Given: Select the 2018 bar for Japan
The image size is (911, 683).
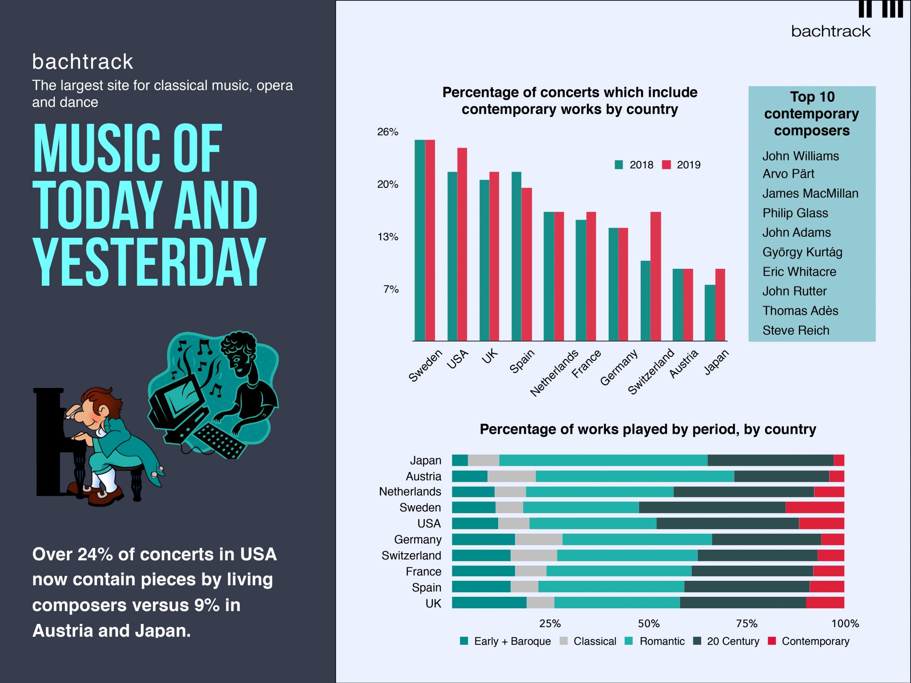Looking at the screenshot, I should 710,313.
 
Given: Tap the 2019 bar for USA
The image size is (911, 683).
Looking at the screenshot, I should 462,244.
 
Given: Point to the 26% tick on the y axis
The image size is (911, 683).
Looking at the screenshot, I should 387,132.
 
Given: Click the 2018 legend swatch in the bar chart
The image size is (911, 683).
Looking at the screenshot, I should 619,165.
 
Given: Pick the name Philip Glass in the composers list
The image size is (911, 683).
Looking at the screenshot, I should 795,213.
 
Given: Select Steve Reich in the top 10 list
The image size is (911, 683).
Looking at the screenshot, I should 796,330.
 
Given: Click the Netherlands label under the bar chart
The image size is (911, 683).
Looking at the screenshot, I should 554,373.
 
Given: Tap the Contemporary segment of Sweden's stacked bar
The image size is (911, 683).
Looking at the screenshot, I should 814,507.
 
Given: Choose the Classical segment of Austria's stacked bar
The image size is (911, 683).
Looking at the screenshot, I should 512,476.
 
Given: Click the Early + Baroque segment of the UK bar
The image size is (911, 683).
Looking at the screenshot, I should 489,603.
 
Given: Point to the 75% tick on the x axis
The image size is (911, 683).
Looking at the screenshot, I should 746,623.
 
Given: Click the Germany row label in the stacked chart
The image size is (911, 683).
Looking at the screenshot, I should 418,539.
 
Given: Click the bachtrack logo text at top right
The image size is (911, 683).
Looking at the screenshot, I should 830,31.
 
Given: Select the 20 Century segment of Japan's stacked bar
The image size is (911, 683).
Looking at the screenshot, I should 770,460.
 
